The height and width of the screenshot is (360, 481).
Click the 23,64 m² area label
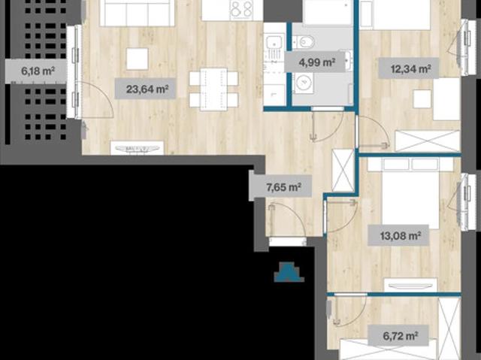coord(145,89)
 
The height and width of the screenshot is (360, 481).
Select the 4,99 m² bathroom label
coord(316,62)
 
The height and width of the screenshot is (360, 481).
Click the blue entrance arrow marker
coord(289,272)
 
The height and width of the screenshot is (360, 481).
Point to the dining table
coord(213,89)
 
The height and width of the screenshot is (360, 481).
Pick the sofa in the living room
coord(137,12)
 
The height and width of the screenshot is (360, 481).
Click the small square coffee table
coord(137,59)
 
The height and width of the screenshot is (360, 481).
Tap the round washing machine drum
coord(304,83)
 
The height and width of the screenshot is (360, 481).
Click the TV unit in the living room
coord(137,148)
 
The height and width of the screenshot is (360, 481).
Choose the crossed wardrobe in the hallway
coord(343,170)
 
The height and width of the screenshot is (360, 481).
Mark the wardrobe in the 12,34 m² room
coord(428,141)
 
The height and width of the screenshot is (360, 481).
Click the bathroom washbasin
coord(349,60)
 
